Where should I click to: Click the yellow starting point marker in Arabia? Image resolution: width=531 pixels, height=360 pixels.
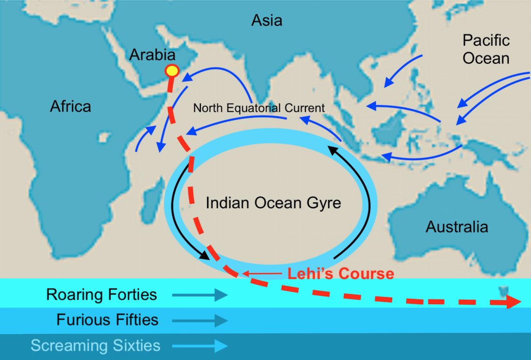click(x=171, y=71)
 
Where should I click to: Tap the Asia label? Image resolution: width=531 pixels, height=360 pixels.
click(x=266, y=20)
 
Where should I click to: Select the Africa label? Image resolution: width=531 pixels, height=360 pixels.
click(x=71, y=106)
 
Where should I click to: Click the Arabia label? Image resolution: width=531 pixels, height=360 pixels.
click(x=152, y=54)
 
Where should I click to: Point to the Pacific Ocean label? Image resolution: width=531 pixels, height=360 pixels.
click(x=486, y=49)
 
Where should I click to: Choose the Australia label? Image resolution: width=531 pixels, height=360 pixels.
click(x=457, y=227)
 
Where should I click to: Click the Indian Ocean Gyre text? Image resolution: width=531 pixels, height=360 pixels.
click(x=273, y=203)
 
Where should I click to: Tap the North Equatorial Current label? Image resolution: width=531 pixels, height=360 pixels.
click(x=259, y=108)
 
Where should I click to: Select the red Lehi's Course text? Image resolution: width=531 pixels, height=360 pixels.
click(x=340, y=273)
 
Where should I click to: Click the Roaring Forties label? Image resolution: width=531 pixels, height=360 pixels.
click(x=102, y=294)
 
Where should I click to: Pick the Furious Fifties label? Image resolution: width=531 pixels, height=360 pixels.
click(x=107, y=320)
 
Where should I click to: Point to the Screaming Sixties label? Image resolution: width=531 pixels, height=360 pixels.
click(x=95, y=345)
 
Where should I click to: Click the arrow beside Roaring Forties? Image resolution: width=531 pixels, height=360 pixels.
click(x=199, y=295)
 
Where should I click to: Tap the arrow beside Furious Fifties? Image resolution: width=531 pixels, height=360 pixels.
click(x=199, y=320)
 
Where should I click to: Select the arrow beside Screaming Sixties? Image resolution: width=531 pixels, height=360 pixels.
click(x=199, y=346)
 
